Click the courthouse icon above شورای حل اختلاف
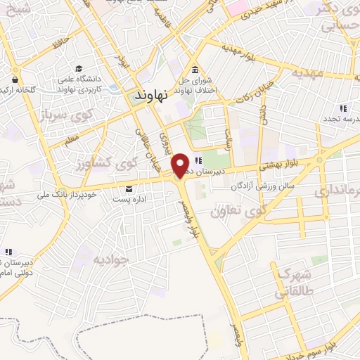tap(195, 69)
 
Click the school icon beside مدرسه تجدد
tap(344, 108)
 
